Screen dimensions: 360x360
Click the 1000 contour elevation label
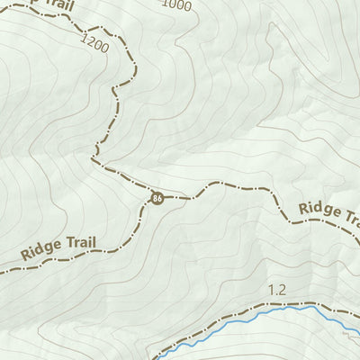pos(178,5)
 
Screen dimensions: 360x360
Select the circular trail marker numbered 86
pos(157,197)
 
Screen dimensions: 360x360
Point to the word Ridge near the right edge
pos(320,210)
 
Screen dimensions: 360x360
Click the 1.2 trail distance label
pos(276,290)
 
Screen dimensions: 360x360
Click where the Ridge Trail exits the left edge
pos(1,267)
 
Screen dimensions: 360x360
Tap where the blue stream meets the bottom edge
pos(164,358)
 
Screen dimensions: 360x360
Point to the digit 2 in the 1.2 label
pos(282,290)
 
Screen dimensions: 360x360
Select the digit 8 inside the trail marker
pos(156,197)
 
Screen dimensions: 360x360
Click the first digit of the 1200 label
pos(83,38)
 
